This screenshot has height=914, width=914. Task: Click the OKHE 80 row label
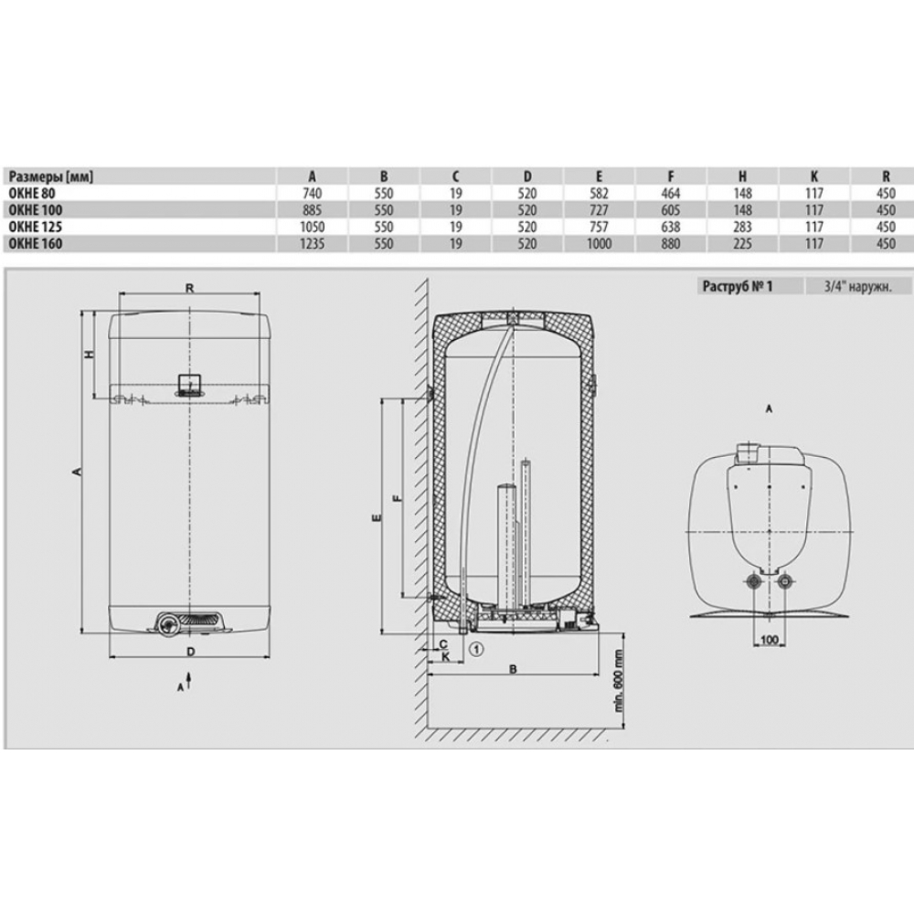click(x=32, y=193)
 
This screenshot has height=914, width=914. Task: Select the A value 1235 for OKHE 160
click(x=312, y=244)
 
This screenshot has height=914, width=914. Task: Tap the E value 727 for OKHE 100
click(x=599, y=210)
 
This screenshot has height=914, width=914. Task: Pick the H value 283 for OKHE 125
click(x=742, y=227)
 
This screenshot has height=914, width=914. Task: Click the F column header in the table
click(x=670, y=176)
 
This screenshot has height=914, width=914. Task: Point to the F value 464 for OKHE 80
click(x=670, y=193)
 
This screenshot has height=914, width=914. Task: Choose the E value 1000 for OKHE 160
click(x=599, y=244)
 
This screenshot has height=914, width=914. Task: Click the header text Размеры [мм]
click(x=51, y=176)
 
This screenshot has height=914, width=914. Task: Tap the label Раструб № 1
click(x=738, y=286)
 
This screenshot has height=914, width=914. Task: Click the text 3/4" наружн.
click(x=858, y=286)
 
